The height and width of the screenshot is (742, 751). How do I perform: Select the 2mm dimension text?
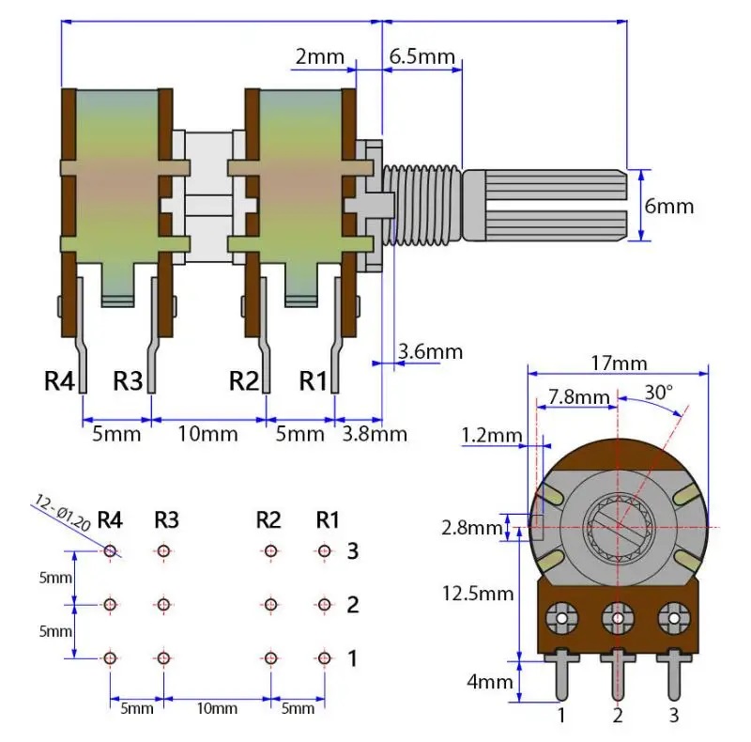click(x=320, y=56)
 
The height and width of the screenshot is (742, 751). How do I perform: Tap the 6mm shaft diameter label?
click(x=670, y=206)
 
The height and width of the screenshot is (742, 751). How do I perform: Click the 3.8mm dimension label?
click(x=375, y=433)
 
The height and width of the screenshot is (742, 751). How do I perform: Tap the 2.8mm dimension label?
click(x=472, y=527)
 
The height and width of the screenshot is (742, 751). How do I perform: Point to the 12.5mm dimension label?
click(x=478, y=593)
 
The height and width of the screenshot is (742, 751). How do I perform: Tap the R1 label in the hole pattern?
click(x=328, y=519)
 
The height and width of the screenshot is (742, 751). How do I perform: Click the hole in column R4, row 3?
click(x=111, y=550)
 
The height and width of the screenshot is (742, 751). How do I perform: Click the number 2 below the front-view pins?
click(x=617, y=716)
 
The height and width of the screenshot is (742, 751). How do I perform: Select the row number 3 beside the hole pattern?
click(x=353, y=551)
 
